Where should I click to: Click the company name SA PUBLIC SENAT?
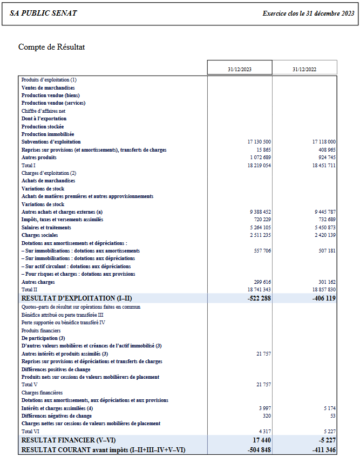coord(43,13)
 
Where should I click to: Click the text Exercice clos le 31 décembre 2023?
coord(308,13)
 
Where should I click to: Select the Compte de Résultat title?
coord(51,47)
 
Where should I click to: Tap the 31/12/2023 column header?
coord(240,69)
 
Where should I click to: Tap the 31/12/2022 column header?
coord(304,69)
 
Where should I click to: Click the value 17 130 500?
coord(259,141)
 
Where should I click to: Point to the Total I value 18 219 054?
coord(259,165)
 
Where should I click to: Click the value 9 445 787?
coord(324,212)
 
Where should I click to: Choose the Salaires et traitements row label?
coord(47,228)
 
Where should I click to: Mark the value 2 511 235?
coord(260,235)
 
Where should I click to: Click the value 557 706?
coord(262,251)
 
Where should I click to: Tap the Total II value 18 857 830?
coord(324,290)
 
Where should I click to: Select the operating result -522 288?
coord(258,298)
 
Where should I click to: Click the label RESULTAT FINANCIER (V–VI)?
coord(69,440)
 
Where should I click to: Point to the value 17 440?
coord(262,440)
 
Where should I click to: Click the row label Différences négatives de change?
coord(57,416)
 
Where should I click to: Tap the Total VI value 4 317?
coord(264,431)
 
